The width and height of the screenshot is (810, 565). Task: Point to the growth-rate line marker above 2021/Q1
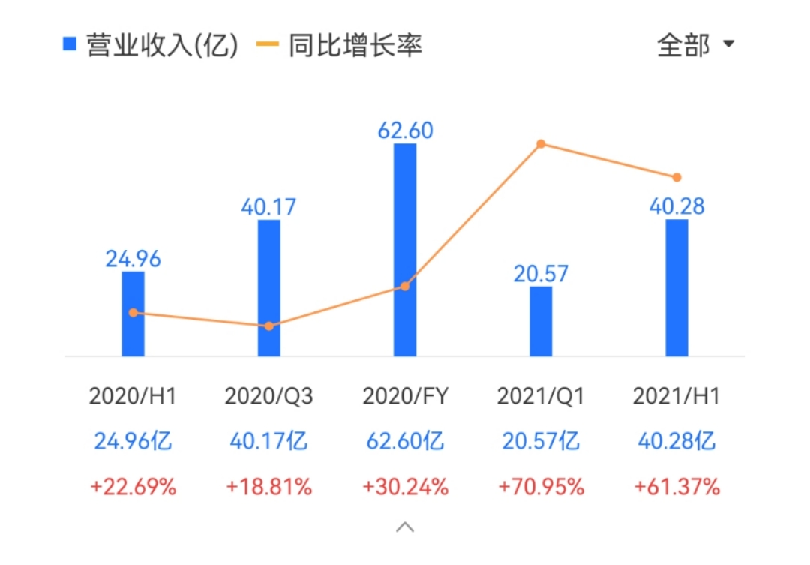[540, 144]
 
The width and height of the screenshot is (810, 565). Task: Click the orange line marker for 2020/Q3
[269, 326]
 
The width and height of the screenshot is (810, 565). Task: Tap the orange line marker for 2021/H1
[676, 178]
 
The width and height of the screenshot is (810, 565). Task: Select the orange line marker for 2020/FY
[405, 286]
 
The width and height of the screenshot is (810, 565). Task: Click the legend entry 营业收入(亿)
[150, 45]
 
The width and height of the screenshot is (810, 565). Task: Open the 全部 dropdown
[694, 45]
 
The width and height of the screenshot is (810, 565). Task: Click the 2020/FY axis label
[405, 396]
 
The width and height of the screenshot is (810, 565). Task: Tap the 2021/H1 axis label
[676, 396]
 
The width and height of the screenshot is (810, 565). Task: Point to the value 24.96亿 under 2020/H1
[133, 441]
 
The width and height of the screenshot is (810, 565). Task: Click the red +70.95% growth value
[541, 487]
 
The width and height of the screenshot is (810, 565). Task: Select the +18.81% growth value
[269, 487]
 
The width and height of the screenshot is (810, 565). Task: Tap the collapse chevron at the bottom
[405, 527]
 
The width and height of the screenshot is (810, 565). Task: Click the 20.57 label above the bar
[541, 273]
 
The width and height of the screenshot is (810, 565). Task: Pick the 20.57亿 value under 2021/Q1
[541, 441]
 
